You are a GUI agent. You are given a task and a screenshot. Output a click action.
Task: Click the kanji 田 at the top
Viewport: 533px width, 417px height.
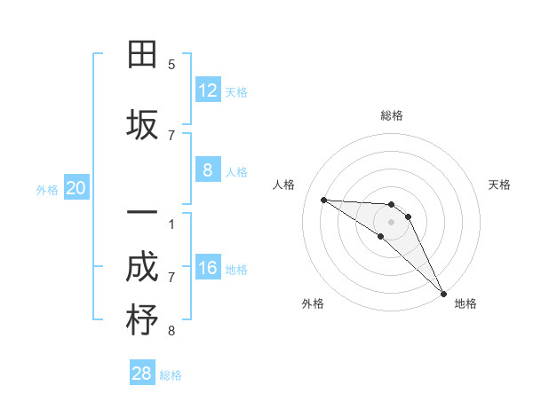tap(142, 55)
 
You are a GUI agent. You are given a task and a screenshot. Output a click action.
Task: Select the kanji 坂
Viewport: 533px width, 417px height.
tap(142, 125)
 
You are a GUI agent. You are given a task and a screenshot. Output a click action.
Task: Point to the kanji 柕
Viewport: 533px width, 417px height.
tap(142, 320)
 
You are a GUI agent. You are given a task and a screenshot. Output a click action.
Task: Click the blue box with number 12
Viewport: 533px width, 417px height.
tap(207, 90)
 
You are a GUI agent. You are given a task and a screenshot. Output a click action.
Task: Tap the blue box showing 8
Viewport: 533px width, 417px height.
tap(207, 169)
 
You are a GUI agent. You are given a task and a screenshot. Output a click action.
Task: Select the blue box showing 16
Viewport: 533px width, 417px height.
tap(207, 267)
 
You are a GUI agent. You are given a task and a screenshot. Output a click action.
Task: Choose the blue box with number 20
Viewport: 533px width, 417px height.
tap(76, 187)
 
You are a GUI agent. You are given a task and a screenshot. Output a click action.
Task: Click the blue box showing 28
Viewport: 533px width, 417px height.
tap(142, 373)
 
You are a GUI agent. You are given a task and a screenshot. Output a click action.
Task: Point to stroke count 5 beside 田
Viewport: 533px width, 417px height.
tap(171, 64)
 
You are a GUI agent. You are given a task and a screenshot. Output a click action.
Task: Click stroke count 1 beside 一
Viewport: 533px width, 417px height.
tap(171, 224)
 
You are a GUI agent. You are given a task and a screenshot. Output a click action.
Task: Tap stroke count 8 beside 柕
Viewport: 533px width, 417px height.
tap(171, 331)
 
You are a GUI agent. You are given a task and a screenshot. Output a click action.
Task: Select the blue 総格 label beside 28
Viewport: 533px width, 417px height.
tap(171, 375)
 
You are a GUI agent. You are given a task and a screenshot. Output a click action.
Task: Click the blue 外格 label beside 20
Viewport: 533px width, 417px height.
tap(47, 189)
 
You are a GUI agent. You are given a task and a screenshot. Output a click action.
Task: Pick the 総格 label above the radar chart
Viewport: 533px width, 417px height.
tap(392, 115)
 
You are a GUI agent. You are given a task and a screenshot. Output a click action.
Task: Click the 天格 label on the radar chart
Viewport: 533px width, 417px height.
tap(499, 185)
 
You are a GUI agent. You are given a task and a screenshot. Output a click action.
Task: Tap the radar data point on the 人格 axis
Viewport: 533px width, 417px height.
tap(323, 200)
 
